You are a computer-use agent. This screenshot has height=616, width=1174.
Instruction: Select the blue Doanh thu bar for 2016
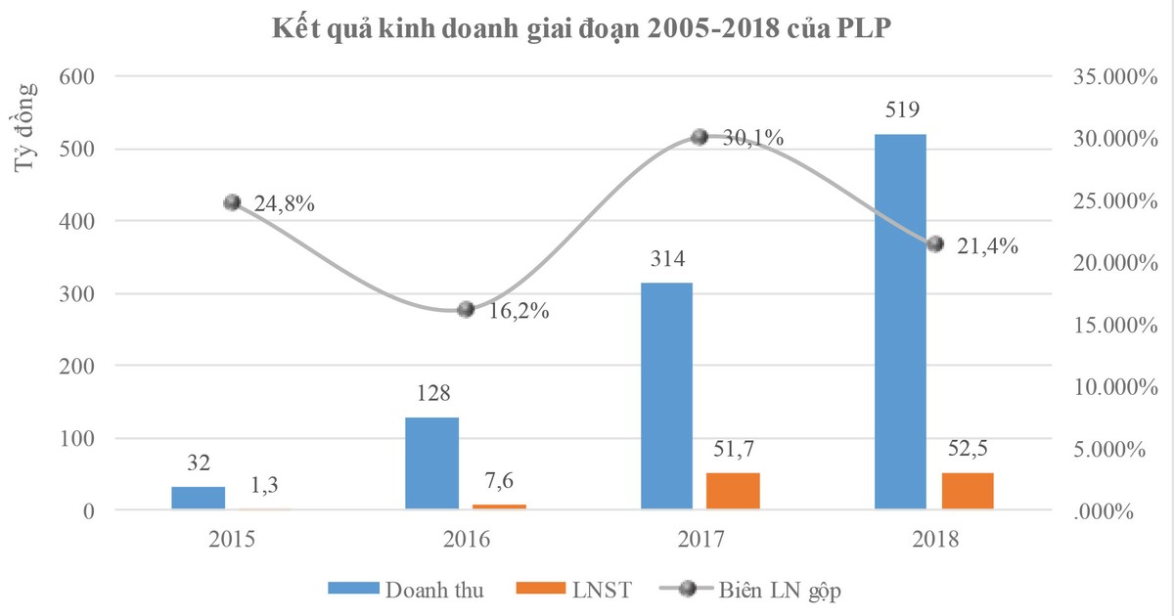click(x=431, y=463)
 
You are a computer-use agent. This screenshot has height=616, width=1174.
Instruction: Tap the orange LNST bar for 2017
click(x=733, y=491)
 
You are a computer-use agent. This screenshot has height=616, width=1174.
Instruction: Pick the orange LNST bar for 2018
click(x=968, y=491)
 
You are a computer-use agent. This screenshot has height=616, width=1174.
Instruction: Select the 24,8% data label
click(x=284, y=204)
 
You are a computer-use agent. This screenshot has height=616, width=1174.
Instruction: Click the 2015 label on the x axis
click(x=232, y=539)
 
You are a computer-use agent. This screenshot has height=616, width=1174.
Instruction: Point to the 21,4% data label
click(x=986, y=246)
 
